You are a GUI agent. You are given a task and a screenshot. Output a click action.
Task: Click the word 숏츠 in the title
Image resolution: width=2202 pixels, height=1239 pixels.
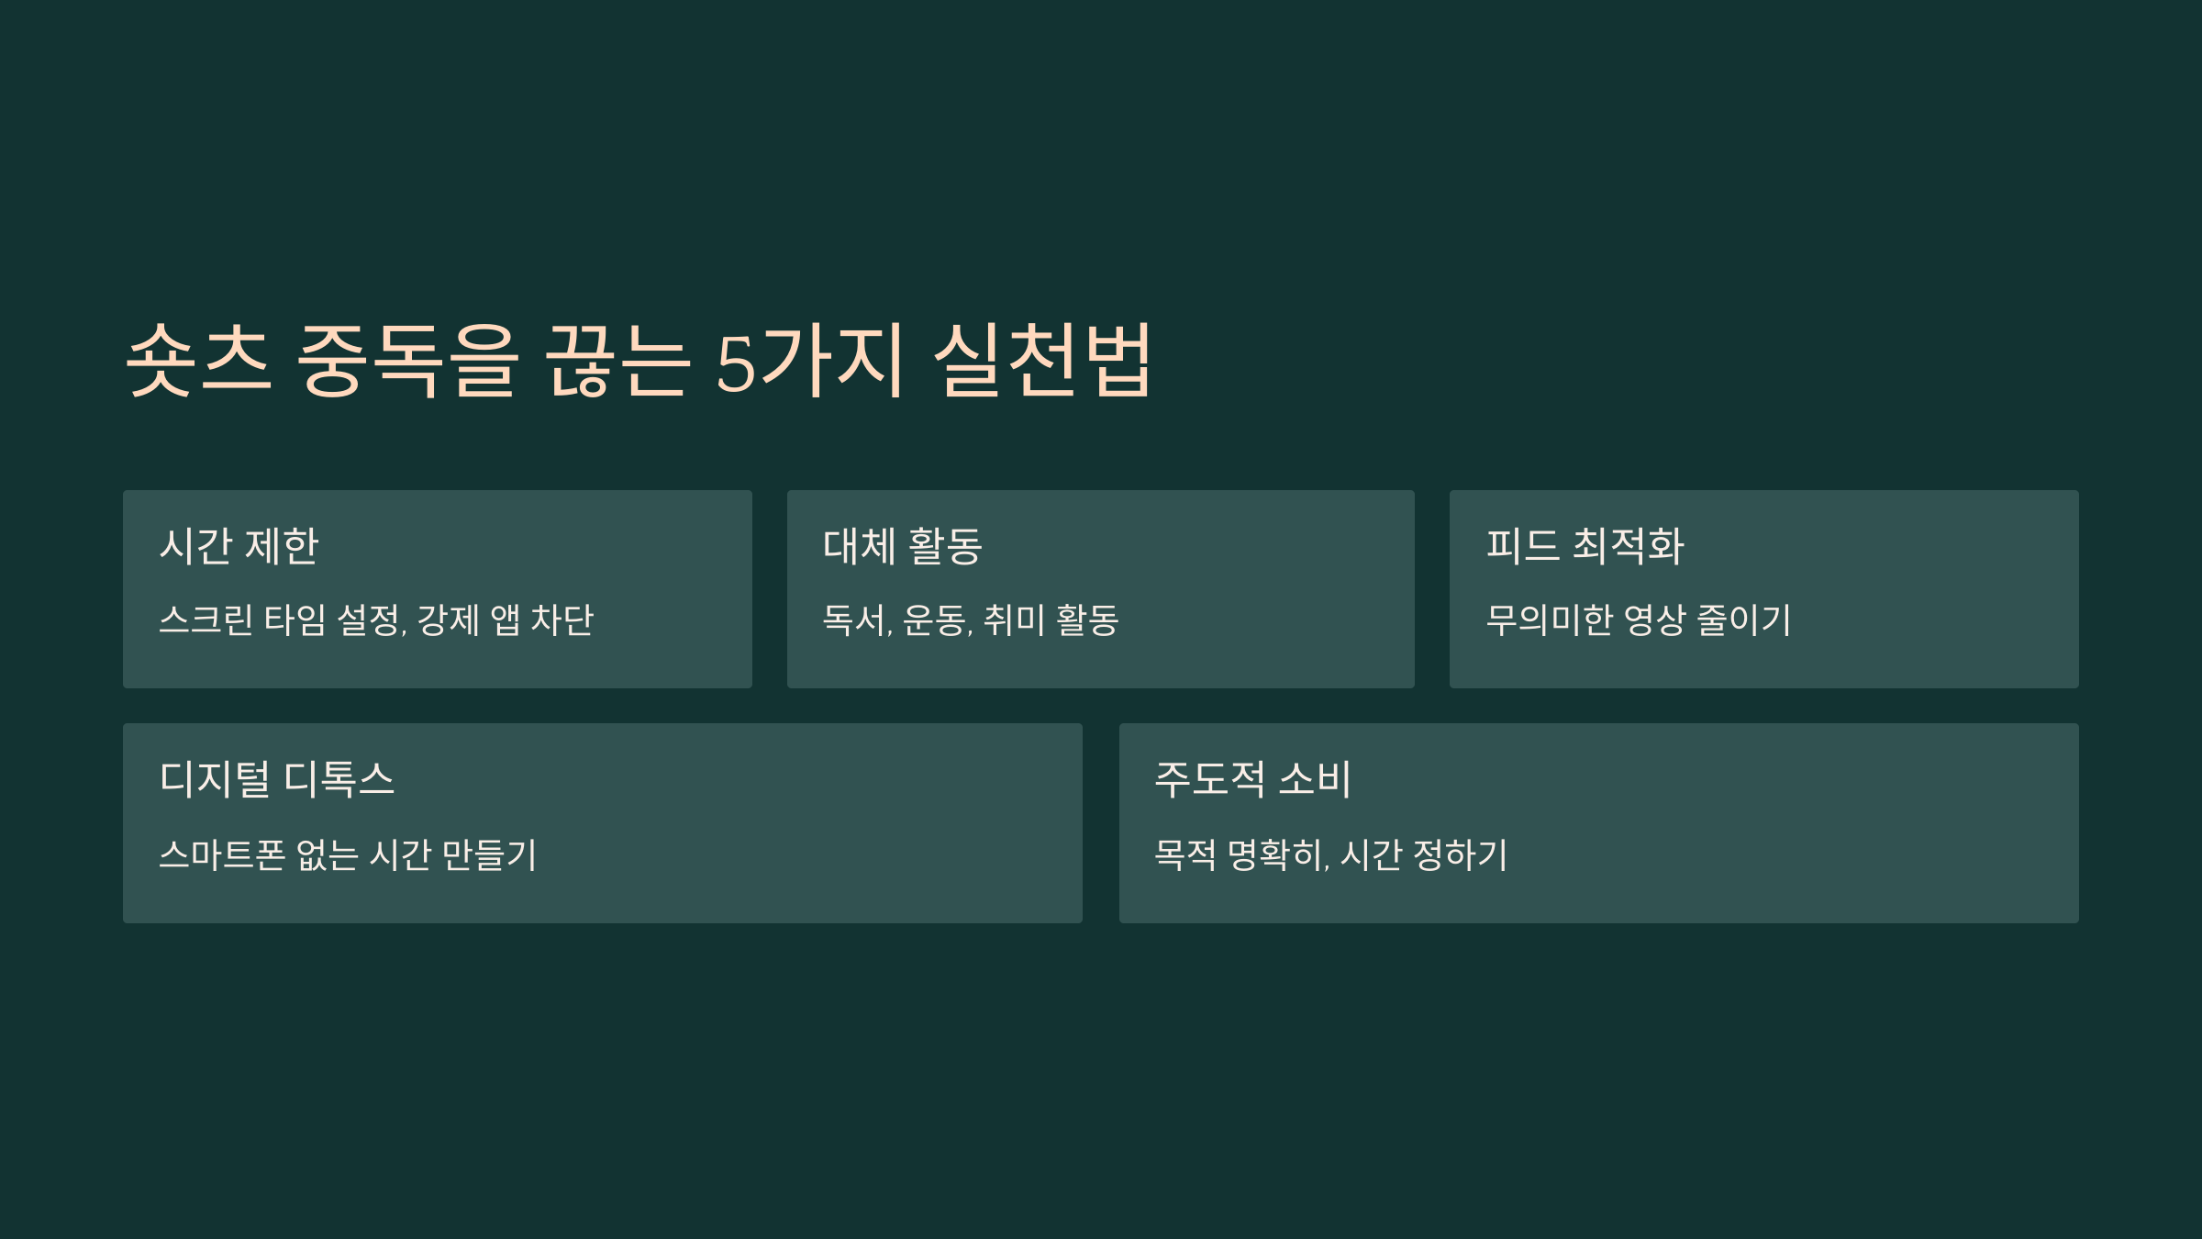[198, 360]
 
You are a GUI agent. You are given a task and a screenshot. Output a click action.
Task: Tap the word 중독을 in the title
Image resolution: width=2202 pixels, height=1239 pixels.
[407, 360]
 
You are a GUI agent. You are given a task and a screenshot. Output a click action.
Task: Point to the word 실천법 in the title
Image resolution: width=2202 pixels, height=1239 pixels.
[1042, 360]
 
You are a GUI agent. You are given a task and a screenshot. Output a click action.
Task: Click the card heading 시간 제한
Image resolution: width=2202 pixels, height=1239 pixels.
[239, 546]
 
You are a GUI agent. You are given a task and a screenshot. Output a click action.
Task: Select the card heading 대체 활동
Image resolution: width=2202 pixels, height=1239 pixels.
[903, 546]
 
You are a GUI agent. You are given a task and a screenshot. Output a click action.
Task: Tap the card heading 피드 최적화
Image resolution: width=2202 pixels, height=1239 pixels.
[1585, 546]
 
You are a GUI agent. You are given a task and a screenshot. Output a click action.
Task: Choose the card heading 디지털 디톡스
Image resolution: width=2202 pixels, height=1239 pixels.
[276, 779]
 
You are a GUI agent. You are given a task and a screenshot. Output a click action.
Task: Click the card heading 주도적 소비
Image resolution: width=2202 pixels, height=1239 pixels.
[1252, 779]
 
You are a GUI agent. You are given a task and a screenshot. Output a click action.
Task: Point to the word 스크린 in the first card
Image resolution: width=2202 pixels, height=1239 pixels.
[206, 620]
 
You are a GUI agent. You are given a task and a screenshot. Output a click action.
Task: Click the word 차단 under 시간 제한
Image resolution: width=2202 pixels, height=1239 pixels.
[562, 620]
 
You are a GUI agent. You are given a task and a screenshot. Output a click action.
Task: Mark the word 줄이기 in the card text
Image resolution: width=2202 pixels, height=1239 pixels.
[1743, 620]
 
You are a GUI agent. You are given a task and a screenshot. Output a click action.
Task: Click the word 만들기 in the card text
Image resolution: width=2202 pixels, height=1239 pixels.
[489, 855]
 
